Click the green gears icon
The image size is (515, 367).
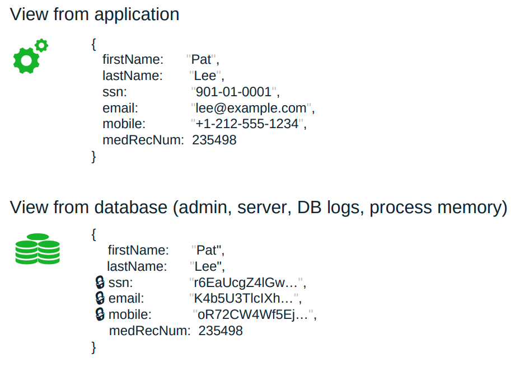pos(30,57)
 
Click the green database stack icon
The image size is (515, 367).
pos(37,250)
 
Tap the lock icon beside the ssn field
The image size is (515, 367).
pos(101,282)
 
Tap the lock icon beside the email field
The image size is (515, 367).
pos(101,298)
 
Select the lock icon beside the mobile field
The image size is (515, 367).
pos(101,314)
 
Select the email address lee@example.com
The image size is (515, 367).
pos(251,108)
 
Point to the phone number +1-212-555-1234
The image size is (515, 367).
pos(247,124)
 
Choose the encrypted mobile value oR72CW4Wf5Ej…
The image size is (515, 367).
pos(253,314)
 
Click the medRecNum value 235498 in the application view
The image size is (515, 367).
pos(214,140)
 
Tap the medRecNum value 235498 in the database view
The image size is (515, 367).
pos(221,331)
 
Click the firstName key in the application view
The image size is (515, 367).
pos(132,59)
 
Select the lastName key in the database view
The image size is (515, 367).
pos(137,266)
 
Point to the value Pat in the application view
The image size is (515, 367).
pos(202,59)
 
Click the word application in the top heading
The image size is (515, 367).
pos(137,15)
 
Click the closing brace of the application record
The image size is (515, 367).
pos(94,157)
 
